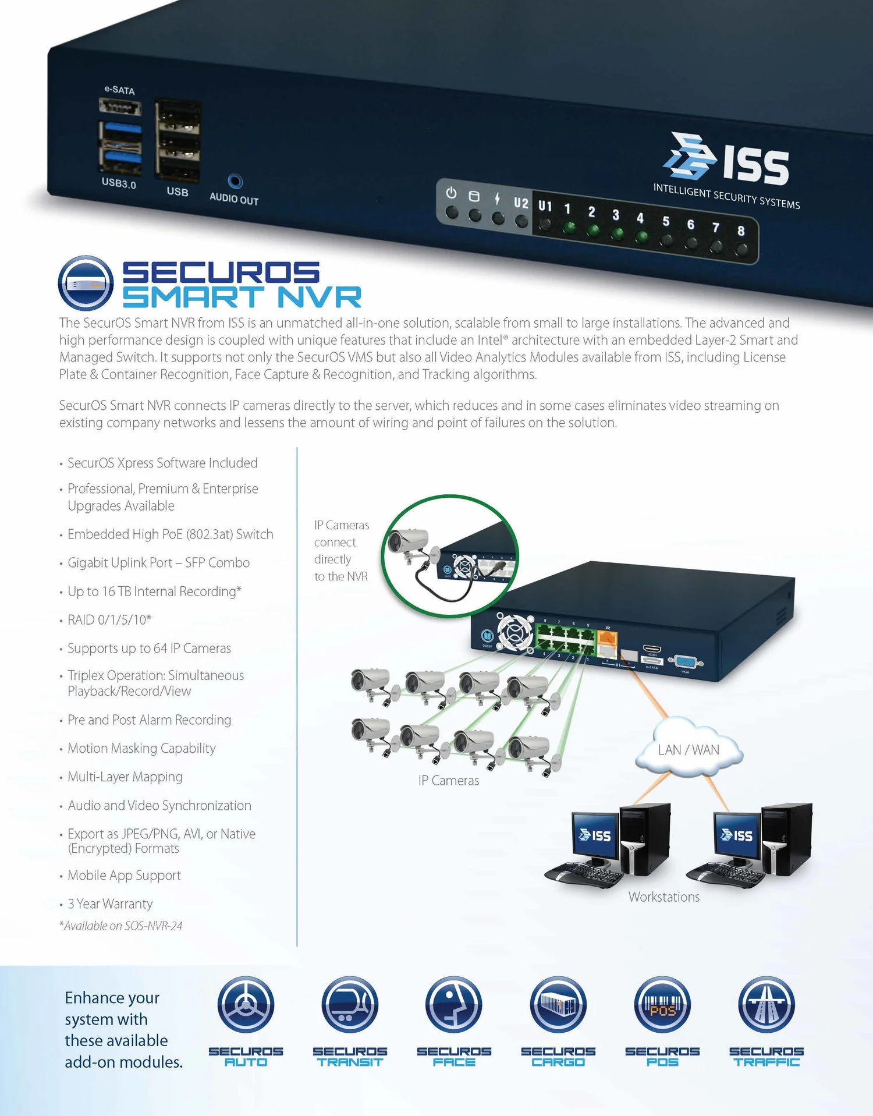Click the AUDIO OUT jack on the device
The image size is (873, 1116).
pos(235,182)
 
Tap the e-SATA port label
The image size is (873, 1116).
pos(119,90)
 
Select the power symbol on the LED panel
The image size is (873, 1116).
pos(451,193)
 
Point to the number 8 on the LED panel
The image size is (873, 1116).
pos(741,231)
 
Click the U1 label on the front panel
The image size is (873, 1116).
pos(545,206)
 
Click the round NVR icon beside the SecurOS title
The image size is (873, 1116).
pos(86,283)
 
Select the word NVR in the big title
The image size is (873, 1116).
pos(319,297)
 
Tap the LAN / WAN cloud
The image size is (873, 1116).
pos(689,750)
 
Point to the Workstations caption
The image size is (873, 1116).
pos(664,897)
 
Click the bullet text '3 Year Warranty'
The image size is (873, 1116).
pos(110,904)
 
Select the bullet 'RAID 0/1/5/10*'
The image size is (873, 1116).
pos(109,619)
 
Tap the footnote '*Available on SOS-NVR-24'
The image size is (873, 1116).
pos(120,926)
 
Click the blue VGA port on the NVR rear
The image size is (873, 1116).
pos(685,662)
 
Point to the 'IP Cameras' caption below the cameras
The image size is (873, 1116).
pos(449,781)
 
